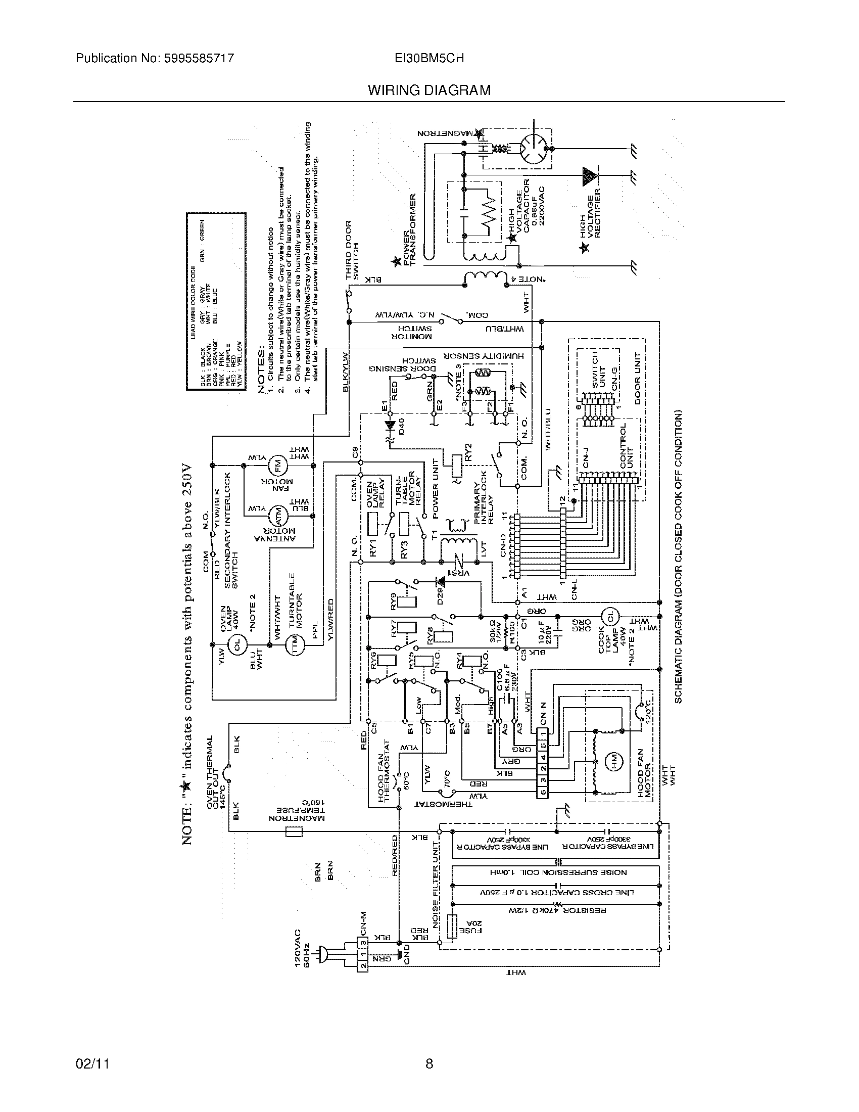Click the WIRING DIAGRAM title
(x=429, y=90)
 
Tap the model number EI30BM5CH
(x=429, y=59)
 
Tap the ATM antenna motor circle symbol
(x=278, y=515)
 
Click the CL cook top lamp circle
(x=610, y=617)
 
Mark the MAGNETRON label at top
(x=444, y=133)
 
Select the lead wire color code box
(x=216, y=301)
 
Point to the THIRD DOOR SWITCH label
(x=352, y=250)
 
